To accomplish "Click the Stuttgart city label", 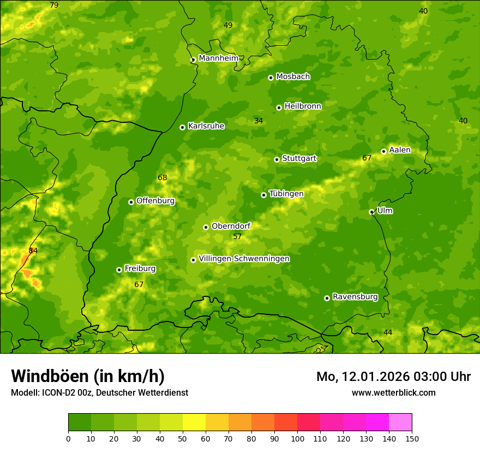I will point(299,159).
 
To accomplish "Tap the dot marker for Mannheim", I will point(193,60).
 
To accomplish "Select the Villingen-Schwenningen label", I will point(244,259).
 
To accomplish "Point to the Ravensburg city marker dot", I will point(327,298).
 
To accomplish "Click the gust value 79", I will point(54,5).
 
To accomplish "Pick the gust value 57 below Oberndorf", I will point(237,237).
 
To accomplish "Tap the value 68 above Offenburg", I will point(163,178).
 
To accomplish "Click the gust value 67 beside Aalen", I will point(367,158).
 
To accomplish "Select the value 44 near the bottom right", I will point(388,333).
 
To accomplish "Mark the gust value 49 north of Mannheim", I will point(228,26).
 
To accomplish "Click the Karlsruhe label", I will point(206,126).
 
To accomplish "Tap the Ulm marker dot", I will point(372,212).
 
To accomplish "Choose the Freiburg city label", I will point(140,269).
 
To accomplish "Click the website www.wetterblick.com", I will point(393,392).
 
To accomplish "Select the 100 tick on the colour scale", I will point(297,438).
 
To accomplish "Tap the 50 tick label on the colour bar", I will point(183,438).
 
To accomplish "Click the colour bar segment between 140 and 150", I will point(400,422).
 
